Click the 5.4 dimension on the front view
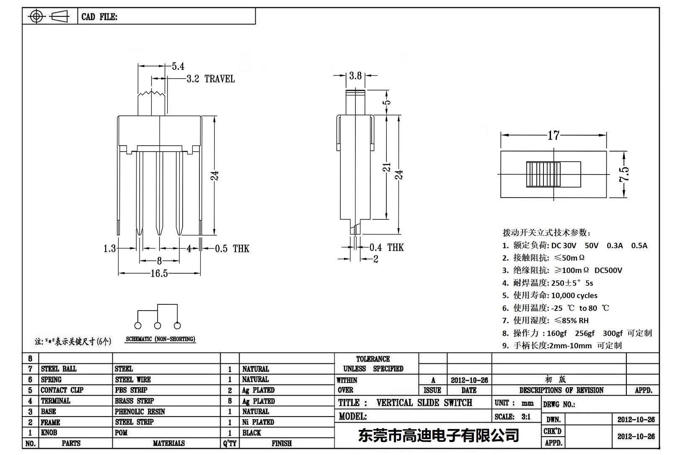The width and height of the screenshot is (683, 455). pos(178,66)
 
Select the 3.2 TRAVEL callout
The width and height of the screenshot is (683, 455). pos(210,79)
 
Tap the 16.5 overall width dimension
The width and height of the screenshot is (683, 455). pos(159,273)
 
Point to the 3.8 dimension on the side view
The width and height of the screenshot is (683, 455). pos(355,75)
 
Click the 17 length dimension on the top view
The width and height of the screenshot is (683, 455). pos(554,135)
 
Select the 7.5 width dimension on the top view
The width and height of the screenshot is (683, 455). pos(624,174)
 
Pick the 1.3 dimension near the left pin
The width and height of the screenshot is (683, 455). pos(109,249)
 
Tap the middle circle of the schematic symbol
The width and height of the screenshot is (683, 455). pos(158,326)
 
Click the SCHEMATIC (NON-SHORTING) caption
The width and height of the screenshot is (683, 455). pos(160,339)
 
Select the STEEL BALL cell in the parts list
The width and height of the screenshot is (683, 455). pos(59,369)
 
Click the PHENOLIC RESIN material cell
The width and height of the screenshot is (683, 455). pos(140,411)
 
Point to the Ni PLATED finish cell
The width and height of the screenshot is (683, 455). pos(258,422)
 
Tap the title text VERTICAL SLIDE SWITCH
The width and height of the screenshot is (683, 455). pos(424,403)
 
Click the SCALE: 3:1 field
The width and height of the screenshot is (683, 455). pos(512,416)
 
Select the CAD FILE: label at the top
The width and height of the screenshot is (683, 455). pos(99,17)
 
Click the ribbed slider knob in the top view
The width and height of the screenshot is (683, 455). pos(543,174)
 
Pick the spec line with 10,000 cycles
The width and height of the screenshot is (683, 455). pos(550,295)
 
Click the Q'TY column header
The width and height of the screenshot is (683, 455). pos(230,443)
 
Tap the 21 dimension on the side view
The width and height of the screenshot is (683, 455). pos(388,167)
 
